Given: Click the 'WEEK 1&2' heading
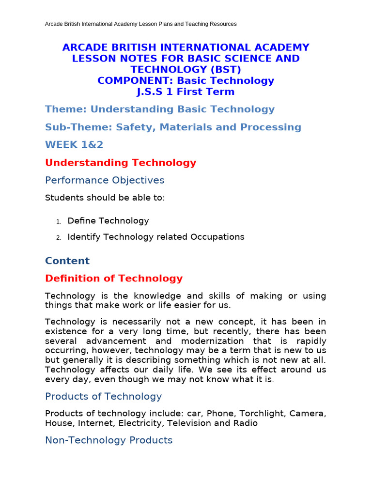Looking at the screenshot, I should click(74, 145).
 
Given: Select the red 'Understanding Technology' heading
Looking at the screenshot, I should click(121, 163).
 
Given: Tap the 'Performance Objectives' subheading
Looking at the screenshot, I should click(105, 180).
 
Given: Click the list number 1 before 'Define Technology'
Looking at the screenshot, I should click(58, 221).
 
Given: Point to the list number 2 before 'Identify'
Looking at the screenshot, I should click(58, 238).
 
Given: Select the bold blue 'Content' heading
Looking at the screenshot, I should click(67, 261).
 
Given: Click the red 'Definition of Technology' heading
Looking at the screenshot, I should click(114, 279).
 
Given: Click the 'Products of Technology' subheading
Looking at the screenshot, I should click(103, 396).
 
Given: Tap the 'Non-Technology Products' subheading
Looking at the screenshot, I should click(108, 440).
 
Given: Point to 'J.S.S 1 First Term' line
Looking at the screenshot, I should click(186, 92).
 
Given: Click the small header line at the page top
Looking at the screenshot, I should click(140, 24).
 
